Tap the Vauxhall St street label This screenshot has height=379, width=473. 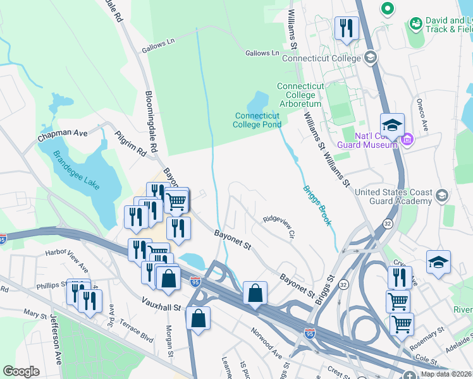[x=161, y=307]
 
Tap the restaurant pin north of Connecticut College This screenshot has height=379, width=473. [x=346, y=28]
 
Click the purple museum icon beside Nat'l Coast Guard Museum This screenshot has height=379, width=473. [x=407, y=139]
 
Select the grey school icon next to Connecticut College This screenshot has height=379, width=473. [x=371, y=58]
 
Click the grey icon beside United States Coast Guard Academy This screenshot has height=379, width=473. [x=441, y=196]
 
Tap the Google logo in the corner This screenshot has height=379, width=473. [x=21, y=371]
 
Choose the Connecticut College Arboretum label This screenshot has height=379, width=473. [x=300, y=95]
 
